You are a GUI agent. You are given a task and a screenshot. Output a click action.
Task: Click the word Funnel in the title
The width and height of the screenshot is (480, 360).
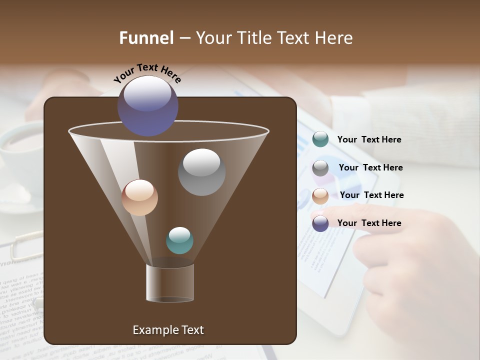[146, 38]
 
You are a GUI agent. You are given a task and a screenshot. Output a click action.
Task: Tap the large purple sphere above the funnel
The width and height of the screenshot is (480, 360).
[148, 105]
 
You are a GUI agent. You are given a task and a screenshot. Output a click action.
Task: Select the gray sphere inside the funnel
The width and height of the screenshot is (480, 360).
[201, 172]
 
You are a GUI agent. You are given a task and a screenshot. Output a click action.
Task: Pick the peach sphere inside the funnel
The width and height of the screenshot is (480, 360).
[139, 197]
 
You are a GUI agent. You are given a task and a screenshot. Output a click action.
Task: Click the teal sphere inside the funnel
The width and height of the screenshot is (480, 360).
[179, 240]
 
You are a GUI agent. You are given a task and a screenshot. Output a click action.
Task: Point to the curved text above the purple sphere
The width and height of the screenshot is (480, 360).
[147, 73]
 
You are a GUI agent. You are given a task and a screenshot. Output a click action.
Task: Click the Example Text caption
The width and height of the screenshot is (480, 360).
[168, 330]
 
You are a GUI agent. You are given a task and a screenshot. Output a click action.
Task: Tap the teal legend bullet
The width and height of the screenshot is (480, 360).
[320, 139]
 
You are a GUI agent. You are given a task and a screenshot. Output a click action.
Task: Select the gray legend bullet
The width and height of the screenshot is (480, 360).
[320, 168]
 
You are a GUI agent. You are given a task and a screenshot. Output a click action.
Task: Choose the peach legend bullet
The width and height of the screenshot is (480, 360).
[320, 196]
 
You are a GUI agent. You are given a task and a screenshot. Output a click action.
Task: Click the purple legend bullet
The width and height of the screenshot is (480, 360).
[320, 223]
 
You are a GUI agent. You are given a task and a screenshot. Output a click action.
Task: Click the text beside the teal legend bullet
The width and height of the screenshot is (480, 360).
[369, 140]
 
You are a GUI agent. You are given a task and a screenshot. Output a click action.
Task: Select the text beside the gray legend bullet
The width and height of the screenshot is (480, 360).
[370, 168]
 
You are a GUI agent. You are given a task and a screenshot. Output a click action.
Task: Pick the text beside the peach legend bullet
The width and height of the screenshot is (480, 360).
[371, 195]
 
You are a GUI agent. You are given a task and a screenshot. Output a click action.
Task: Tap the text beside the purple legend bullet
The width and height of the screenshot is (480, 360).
[369, 223]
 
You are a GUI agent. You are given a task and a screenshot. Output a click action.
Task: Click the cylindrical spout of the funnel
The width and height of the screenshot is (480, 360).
[170, 283]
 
